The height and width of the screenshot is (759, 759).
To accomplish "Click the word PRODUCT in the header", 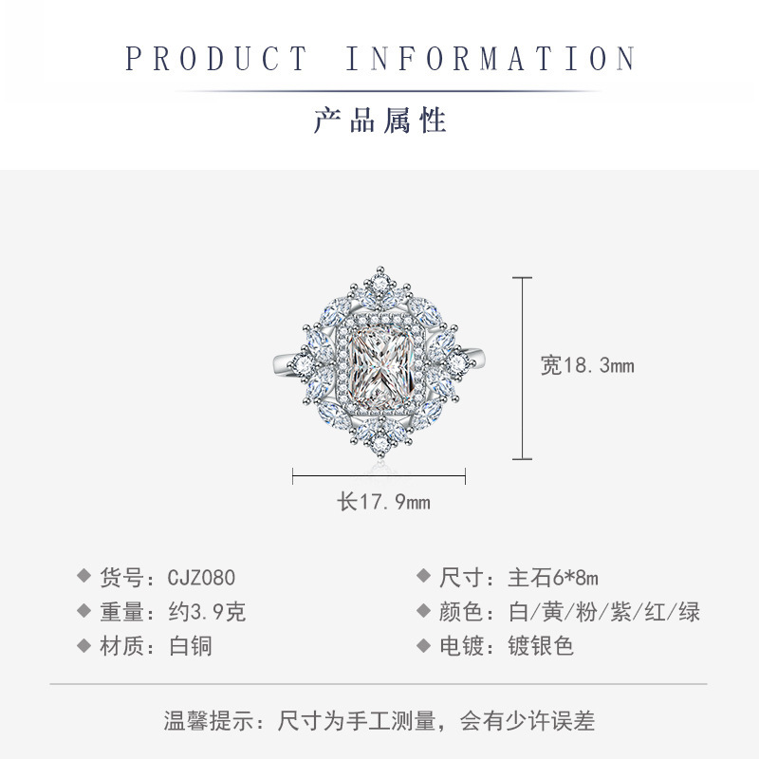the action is (217, 59).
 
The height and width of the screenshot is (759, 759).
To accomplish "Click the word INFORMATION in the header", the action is (490, 59).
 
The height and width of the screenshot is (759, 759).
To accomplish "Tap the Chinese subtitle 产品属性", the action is (379, 120).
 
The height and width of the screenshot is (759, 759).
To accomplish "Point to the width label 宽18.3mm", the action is (587, 365).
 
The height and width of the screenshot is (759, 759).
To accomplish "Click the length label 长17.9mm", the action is (384, 502).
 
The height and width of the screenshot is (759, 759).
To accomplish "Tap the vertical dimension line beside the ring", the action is (522, 368).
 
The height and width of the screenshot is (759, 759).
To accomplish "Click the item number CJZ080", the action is (201, 578).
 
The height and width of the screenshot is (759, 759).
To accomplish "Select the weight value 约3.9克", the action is (207, 612).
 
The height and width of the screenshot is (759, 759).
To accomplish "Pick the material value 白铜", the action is (190, 646).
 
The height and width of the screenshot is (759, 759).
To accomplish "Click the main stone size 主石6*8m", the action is (554, 578).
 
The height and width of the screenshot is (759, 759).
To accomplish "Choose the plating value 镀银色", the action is (542, 646).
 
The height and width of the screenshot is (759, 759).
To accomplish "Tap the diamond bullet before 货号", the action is (83, 577).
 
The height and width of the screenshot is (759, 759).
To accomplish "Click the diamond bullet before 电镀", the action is (423, 646).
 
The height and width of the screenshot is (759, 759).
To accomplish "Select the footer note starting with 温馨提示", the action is (379, 721).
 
